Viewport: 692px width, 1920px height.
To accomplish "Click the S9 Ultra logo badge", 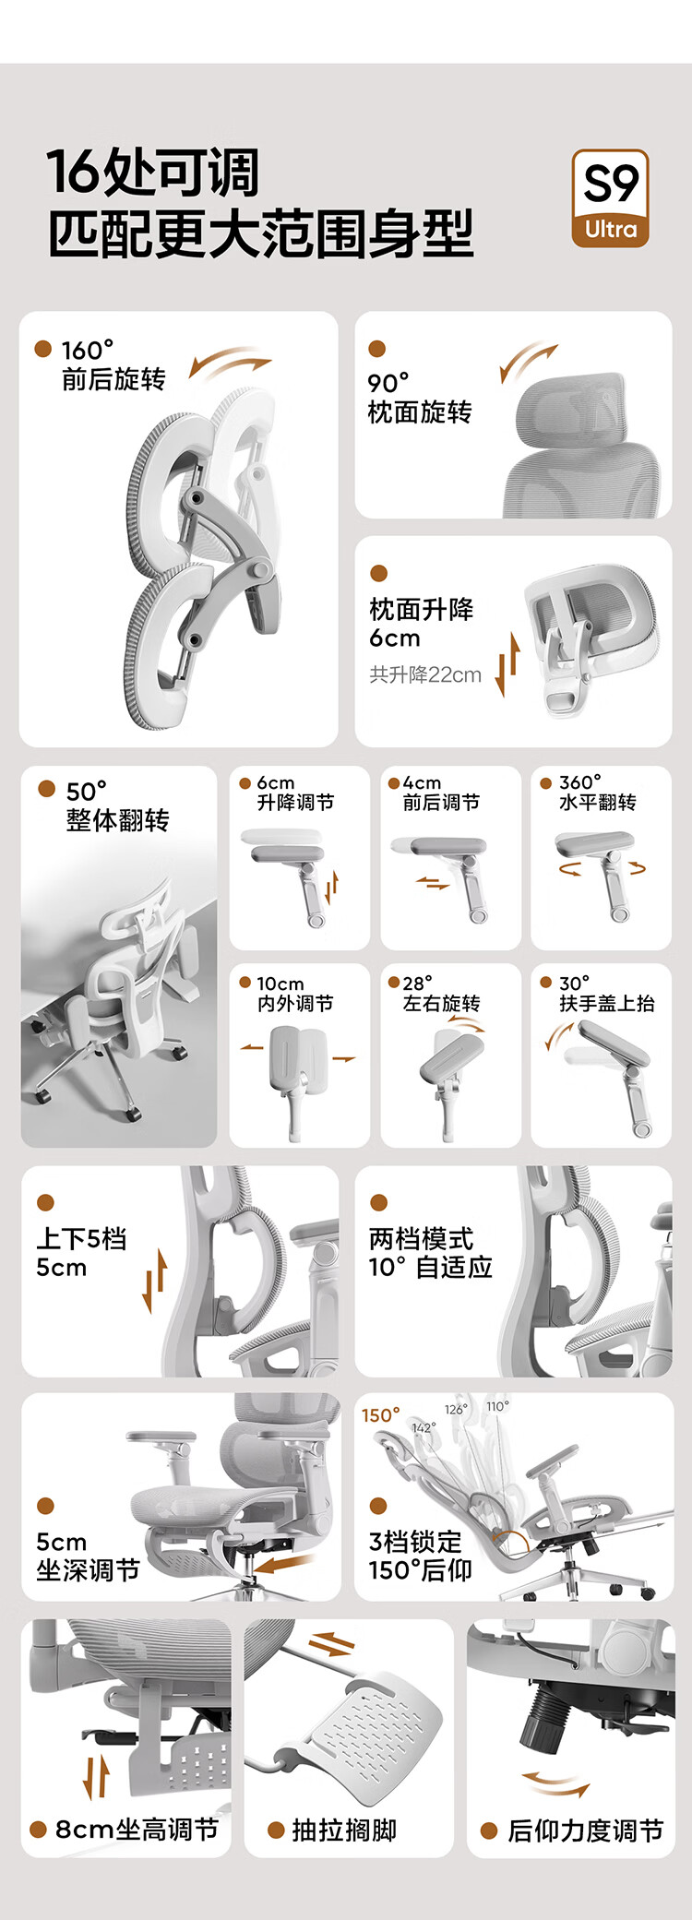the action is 611,198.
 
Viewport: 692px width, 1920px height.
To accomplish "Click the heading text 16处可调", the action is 153,173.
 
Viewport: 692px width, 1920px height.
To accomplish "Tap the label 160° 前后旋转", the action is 113,365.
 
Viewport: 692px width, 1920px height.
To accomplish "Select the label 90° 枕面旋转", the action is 420,398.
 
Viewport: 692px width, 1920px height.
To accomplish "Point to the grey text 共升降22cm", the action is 425,674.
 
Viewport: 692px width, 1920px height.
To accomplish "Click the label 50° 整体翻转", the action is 117,806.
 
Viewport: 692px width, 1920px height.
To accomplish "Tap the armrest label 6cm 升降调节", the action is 295,793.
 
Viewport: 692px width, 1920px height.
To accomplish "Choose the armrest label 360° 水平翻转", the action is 597,793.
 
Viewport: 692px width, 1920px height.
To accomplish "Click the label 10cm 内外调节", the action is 295,994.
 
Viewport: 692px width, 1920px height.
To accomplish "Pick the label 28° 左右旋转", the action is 441,994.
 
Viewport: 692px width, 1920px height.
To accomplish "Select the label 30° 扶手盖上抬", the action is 607,994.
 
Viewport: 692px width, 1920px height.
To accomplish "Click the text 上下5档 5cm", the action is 81,1253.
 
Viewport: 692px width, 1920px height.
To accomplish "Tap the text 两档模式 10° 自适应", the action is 430,1253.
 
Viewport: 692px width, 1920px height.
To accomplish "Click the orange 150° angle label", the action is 381,1415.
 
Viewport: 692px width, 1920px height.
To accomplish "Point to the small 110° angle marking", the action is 497,1407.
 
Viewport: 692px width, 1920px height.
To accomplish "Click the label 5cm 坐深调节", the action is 88,1556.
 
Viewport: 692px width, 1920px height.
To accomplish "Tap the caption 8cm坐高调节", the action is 137,1830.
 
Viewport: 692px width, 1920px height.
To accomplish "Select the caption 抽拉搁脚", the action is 344,1831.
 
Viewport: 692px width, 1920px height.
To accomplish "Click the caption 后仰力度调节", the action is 586,1831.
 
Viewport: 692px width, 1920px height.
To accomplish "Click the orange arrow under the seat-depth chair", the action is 283,1563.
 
